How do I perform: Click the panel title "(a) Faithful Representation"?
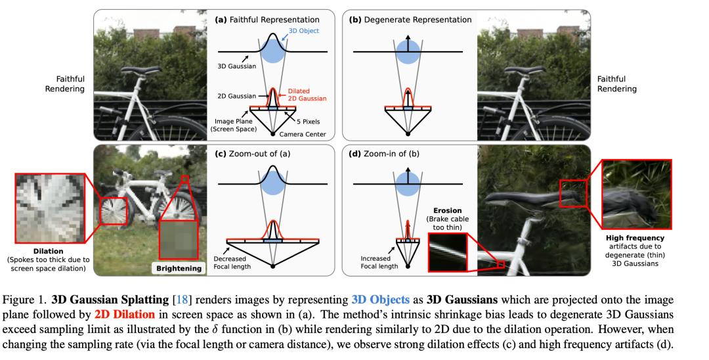click(267, 20)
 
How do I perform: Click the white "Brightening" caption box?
click(177, 269)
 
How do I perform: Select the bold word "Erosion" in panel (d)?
click(445, 210)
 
